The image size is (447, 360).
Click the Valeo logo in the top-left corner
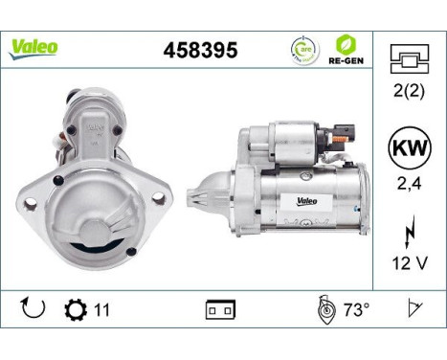coord(34,47)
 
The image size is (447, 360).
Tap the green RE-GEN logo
coord(347,48)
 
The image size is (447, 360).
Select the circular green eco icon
coord(304,49)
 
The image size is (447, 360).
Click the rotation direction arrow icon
coord(33,310)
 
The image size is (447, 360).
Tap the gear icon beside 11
coord(74,311)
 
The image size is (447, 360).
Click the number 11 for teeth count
coord(101,311)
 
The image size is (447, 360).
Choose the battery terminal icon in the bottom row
coord(219,311)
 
